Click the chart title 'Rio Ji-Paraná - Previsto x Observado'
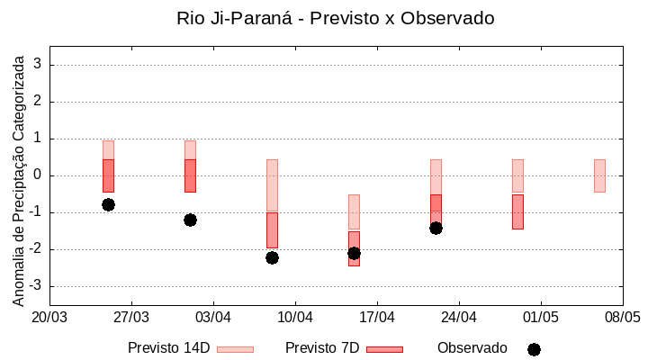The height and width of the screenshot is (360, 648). click(336, 18)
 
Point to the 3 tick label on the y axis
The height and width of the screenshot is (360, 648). click(38, 65)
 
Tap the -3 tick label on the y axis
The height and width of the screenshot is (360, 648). click(35, 286)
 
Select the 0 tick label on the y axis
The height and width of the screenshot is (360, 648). click(38, 175)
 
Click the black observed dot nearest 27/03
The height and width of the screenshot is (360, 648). click(108, 204)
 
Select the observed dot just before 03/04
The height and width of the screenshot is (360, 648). click(190, 220)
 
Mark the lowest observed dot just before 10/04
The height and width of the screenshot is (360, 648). click(272, 257)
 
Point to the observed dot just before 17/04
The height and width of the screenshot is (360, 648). click(354, 253)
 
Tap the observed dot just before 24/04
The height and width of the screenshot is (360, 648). click(436, 228)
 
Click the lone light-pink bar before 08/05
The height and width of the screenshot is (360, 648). click(599, 175)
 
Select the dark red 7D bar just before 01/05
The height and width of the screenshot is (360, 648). click(517, 211)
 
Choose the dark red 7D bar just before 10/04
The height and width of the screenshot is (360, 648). click(272, 229)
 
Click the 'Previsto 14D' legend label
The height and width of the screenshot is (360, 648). click(168, 348)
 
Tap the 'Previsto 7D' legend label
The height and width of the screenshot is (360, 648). click(322, 348)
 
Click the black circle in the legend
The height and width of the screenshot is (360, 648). click(534, 349)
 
